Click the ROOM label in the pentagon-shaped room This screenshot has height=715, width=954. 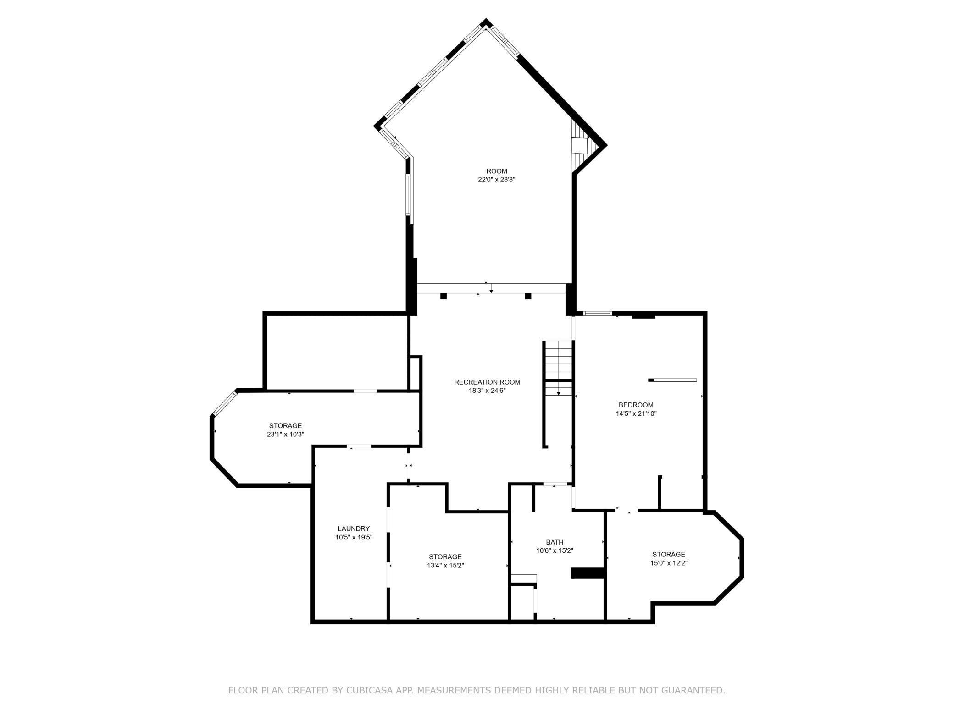tap(497, 171)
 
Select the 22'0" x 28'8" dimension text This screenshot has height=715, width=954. tap(497, 180)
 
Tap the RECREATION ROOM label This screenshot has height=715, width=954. tap(487, 382)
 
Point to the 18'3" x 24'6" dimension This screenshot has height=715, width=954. tap(487, 390)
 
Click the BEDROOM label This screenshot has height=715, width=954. tap(636, 405)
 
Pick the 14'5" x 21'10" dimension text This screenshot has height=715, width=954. tap(636, 413)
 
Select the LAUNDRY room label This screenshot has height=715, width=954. tap(354, 528)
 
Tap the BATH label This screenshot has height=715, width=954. tap(555, 542)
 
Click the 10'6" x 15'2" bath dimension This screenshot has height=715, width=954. tap(555, 551)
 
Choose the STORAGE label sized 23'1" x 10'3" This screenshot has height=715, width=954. tap(285, 426)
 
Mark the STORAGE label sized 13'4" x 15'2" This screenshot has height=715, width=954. tap(445, 557)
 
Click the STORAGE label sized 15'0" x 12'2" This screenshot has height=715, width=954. tap(669, 554)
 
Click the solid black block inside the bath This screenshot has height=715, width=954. tap(588, 573)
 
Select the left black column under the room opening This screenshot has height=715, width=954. tap(443, 296)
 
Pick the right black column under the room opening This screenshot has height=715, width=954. tap(528, 296)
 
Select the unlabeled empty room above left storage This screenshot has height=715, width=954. tap(336, 352)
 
